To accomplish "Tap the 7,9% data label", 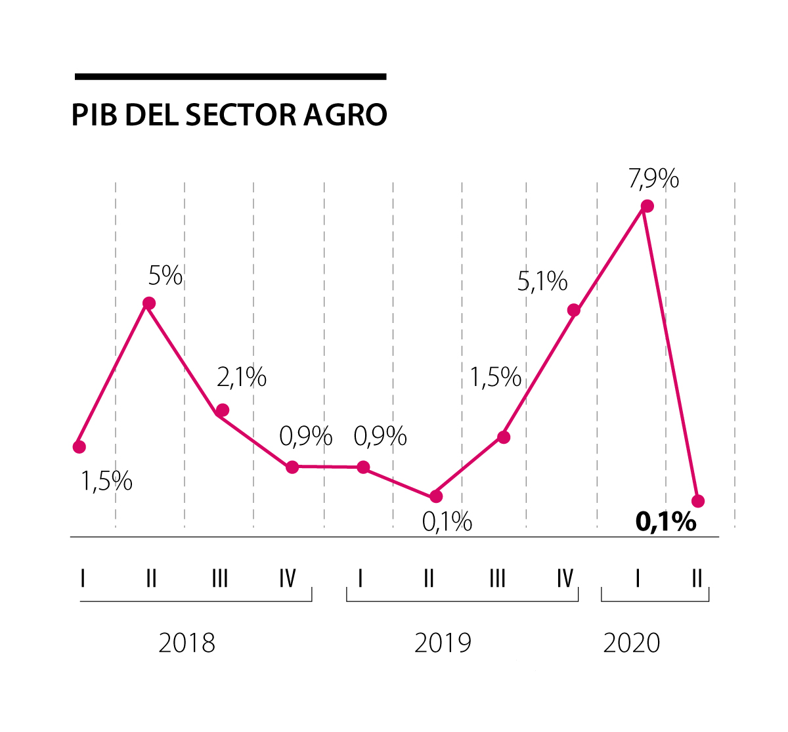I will [653, 179].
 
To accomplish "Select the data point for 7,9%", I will [647, 206].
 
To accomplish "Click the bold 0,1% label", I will [666, 522].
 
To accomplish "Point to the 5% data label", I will [165, 276].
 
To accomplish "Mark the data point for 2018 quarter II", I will [149, 303].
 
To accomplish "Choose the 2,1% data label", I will [242, 377].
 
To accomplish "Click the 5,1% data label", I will [542, 282].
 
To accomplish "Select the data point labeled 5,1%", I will [574, 310].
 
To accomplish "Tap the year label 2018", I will [187, 643].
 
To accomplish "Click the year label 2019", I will [443, 643].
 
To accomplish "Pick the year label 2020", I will [632, 643].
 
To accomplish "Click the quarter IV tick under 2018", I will [288, 578].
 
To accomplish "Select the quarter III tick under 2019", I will [497, 578].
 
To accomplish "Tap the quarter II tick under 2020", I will [697, 578].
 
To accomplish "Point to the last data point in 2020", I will [699, 501].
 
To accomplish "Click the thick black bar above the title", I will [230, 77].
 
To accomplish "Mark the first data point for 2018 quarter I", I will [79, 447].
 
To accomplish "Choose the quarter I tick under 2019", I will [361, 578].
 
